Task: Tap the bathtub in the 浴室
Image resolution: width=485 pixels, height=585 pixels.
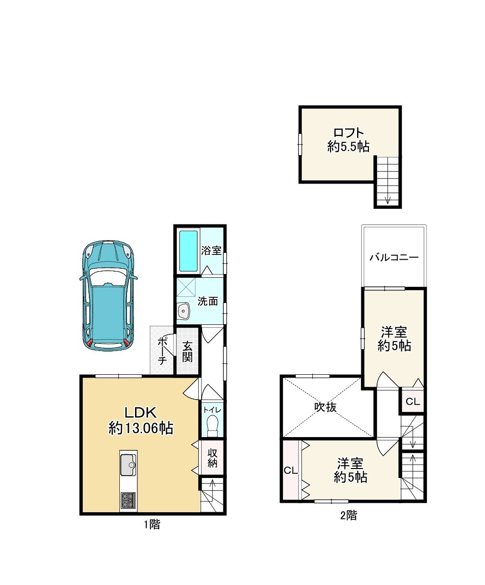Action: click(x=188, y=251)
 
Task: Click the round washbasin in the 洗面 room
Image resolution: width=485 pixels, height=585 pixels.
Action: click(x=184, y=311)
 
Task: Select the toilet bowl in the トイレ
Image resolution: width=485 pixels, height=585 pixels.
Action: click(x=213, y=426)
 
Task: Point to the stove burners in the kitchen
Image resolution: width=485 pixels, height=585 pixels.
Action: click(x=128, y=500)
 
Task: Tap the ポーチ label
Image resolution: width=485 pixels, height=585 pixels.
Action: click(x=163, y=351)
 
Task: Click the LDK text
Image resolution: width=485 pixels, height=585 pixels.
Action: click(x=140, y=412)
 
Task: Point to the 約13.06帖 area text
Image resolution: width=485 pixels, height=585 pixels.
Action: click(x=141, y=428)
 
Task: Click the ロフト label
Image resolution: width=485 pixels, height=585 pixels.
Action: click(x=349, y=132)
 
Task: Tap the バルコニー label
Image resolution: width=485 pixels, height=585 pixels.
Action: click(x=394, y=257)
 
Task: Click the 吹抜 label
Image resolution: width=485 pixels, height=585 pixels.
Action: click(x=325, y=407)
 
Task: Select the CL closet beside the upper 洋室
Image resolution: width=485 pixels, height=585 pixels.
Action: click(x=413, y=402)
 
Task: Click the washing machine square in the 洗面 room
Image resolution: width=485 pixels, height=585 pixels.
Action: click(x=186, y=287)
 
